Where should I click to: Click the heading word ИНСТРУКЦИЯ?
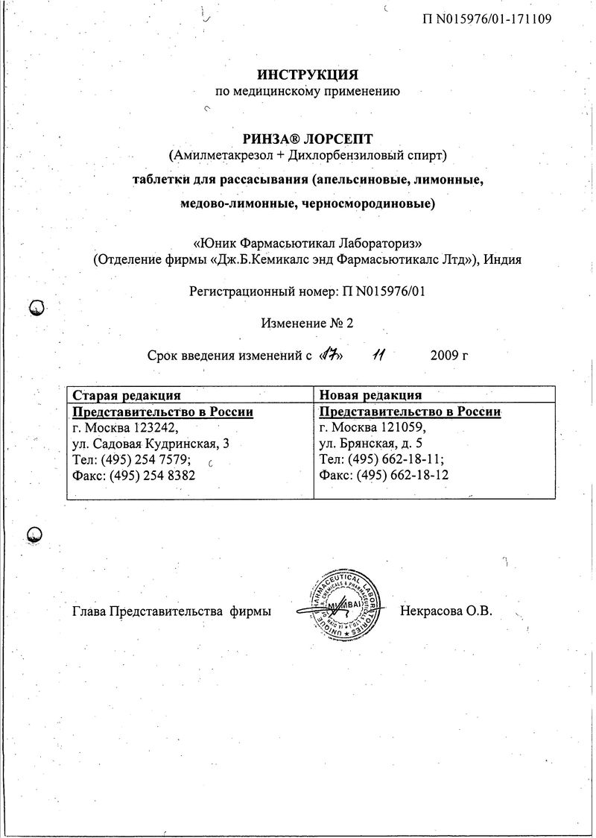(x=308, y=75)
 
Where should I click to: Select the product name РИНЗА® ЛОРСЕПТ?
(x=308, y=139)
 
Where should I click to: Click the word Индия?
(x=502, y=259)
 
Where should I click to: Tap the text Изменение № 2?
(x=306, y=323)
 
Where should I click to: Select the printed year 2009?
(x=445, y=356)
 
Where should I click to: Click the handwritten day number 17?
(x=329, y=355)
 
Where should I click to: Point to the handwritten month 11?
(x=380, y=355)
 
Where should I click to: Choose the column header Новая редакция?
(x=370, y=395)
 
